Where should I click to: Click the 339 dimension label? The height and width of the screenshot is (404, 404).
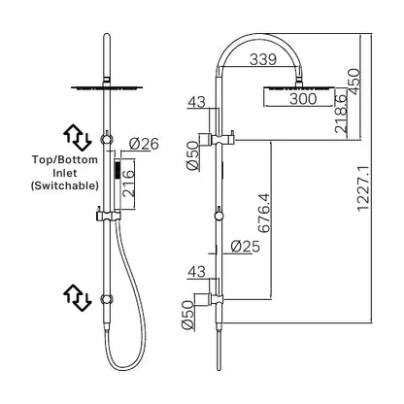(x=263, y=59)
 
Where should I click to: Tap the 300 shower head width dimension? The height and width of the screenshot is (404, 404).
(x=303, y=98)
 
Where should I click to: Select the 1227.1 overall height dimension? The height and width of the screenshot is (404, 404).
(x=363, y=187)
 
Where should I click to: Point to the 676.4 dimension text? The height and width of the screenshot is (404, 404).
(x=264, y=213)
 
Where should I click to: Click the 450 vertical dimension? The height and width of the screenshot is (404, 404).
(x=353, y=82)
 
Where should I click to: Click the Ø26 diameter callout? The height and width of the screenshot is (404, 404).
(x=144, y=144)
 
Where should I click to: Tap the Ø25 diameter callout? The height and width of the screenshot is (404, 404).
(x=246, y=247)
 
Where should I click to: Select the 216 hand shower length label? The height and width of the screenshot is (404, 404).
(x=128, y=184)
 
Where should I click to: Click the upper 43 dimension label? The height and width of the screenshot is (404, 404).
(x=197, y=102)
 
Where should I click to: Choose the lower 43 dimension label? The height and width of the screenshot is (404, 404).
(x=197, y=272)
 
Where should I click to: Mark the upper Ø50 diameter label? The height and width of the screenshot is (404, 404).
(x=192, y=155)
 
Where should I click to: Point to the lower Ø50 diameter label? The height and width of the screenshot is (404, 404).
(x=187, y=315)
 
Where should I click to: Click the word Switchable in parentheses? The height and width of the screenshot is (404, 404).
(x=64, y=185)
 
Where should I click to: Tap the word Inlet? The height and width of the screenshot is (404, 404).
(x=66, y=173)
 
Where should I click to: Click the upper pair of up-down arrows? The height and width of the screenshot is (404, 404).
(x=78, y=137)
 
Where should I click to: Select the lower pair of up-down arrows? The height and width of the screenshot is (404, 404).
(x=78, y=297)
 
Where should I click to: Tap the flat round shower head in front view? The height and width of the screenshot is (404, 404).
(x=107, y=87)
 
